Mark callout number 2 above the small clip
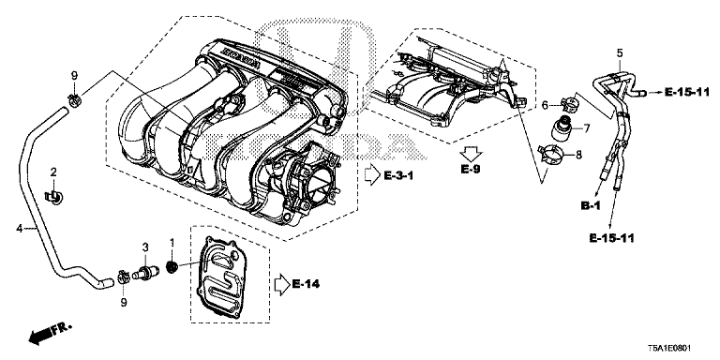tap(53, 172)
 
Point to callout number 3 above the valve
tap(145, 246)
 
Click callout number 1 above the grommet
tap(172, 246)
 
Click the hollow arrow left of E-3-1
tap(370, 173)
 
